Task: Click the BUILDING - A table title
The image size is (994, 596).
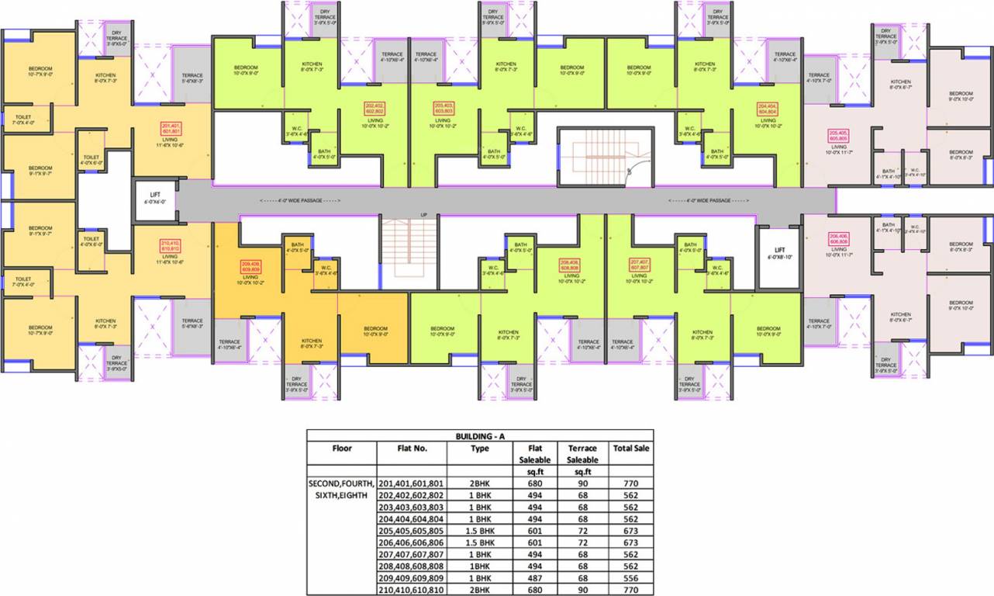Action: pyautogui.click(x=479, y=436)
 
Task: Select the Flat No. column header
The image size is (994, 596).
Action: pyautogui.click(x=411, y=448)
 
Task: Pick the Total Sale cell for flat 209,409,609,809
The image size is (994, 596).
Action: pyautogui.click(x=630, y=578)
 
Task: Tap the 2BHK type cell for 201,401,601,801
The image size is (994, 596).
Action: pyautogui.click(x=478, y=483)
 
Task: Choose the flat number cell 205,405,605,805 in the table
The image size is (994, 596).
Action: pyautogui.click(x=411, y=531)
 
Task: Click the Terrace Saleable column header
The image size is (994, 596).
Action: pyautogui.click(x=582, y=453)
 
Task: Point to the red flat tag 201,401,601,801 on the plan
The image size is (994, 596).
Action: pyautogui.click(x=171, y=129)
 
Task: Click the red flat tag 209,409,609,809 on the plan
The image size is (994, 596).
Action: pyautogui.click(x=250, y=266)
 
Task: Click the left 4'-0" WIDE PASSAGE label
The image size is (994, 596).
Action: pyautogui.click(x=300, y=200)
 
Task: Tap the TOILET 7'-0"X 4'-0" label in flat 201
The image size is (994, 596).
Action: pyautogui.click(x=24, y=120)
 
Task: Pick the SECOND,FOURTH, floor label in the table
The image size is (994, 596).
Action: pyautogui.click(x=341, y=483)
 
